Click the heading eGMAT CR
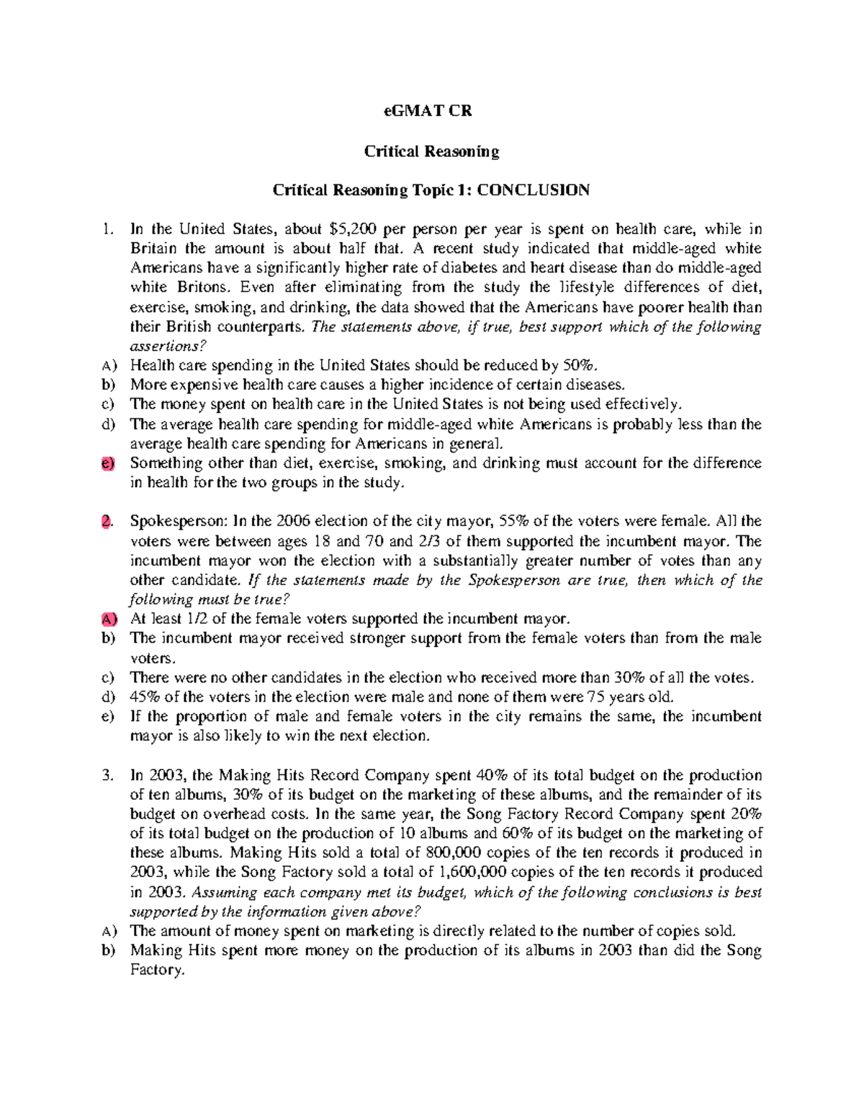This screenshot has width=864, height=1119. pos(431,112)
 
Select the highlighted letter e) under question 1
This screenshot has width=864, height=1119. pos(108,463)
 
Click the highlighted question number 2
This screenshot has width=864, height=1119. pos(107,522)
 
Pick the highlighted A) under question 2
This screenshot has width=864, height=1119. pos(108,619)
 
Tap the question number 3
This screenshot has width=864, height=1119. pos(107,776)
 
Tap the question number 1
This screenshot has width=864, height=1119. pos(107,230)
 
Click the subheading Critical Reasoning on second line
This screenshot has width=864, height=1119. pos(431,151)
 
